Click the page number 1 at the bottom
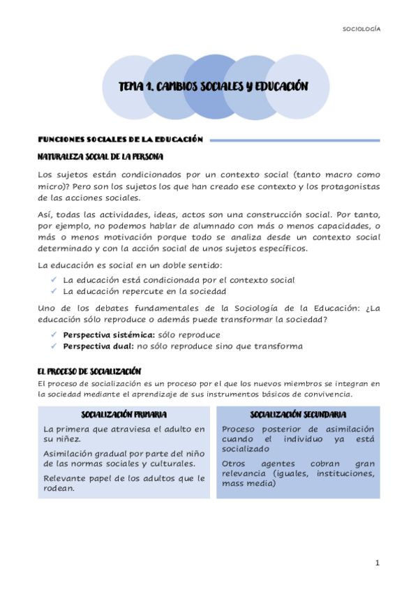click(377, 563)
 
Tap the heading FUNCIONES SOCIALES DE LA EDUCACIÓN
click(119, 140)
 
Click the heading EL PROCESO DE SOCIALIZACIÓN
click(90, 371)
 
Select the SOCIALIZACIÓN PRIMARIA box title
click(124, 415)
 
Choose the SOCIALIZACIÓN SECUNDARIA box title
click(298, 415)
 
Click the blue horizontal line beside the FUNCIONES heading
click(294, 140)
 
